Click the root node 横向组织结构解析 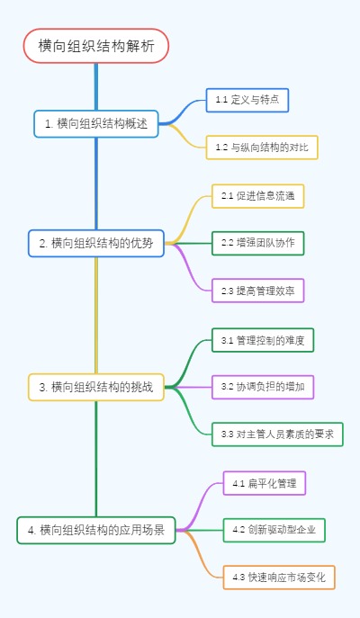[x=96, y=46]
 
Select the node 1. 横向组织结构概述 [x=96, y=123]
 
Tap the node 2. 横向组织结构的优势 [x=96, y=243]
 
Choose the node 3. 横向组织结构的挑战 [x=96, y=388]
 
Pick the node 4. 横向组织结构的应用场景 [x=96, y=530]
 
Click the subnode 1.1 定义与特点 [x=247, y=100]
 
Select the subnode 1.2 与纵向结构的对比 [x=261, y=147]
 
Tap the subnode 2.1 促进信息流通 [x=258, y=195]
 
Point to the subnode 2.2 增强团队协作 [x=258, y=243]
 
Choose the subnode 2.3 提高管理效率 [x=258, y=290]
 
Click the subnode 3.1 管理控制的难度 [x=262, y=340]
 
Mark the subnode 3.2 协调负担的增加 [x=262, y=387]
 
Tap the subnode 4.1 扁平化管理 [x=265, y=483]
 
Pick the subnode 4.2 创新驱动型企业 [x=274, y=530]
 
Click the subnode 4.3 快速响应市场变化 [x=279, y=578]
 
